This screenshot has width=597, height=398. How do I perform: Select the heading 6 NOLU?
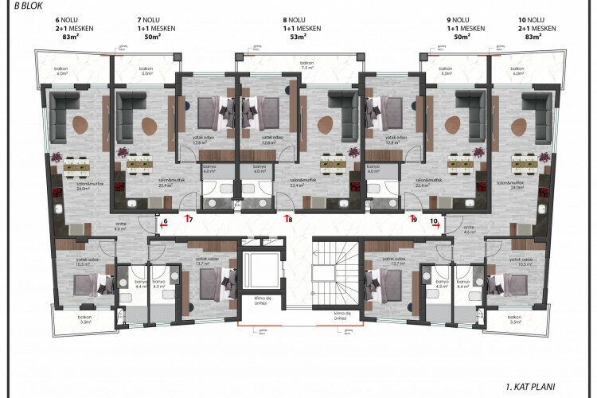[x=64, y=18]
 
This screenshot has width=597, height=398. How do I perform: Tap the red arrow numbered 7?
[x=189, y=217]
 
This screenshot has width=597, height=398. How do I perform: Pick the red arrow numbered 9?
[x=412, y=217]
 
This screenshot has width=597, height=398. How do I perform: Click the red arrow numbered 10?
[x=437, y=225]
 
